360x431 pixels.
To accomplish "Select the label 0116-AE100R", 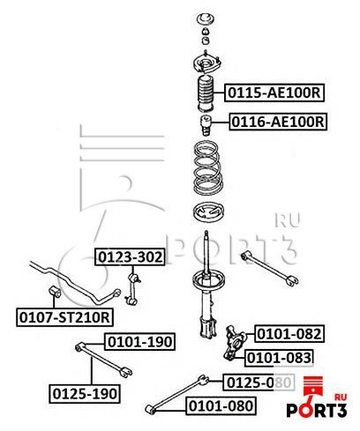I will [278, 121].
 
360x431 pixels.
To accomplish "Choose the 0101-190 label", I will [139, 341].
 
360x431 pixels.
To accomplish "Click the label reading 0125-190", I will [85, 391].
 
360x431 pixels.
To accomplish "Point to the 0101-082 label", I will [288, 333].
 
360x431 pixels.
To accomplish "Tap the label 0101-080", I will [220, 405].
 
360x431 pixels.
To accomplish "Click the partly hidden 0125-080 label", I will [256, 382].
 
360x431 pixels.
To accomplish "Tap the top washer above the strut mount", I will [205, 17].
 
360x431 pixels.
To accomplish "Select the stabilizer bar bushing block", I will [53, 289].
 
